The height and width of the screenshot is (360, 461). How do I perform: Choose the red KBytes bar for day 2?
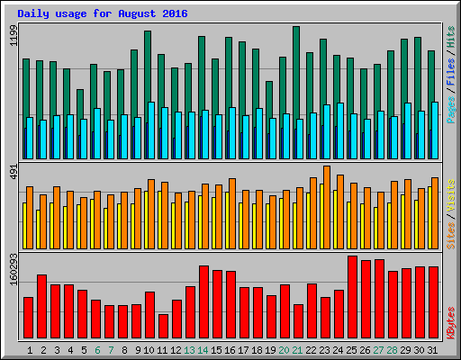tap(41, 307)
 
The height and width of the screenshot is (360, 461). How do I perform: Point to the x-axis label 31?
tap(433, 349)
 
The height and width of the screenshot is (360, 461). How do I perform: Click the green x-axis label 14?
tap(203, 349)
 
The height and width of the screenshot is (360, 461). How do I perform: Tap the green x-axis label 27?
tap(379, 349)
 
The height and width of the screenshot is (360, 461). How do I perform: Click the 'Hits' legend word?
tap(450, 36)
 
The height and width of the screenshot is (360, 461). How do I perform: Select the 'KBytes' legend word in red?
tap(450, 324)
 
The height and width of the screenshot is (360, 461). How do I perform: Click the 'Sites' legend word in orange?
tap(450, 234)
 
